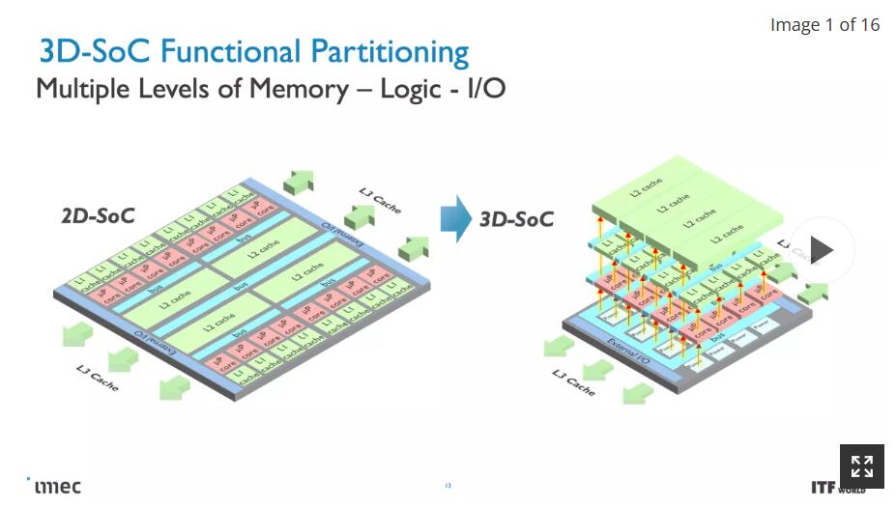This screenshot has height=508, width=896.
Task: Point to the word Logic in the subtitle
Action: pos(412,89)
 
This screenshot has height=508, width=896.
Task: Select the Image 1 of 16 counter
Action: pos(824,25)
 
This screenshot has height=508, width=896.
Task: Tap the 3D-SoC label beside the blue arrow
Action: pos(516,219)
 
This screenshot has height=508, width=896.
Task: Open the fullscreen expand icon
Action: pos(861,467)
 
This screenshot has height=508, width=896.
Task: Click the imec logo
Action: pos(55,486)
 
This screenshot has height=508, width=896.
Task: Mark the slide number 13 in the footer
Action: pos(448,486)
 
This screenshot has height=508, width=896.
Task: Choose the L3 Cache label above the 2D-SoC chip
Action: pos(379,198)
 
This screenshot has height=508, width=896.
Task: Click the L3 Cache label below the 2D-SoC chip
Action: pos(98,377)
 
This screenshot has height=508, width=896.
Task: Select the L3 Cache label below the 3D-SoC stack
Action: pos(573,382)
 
